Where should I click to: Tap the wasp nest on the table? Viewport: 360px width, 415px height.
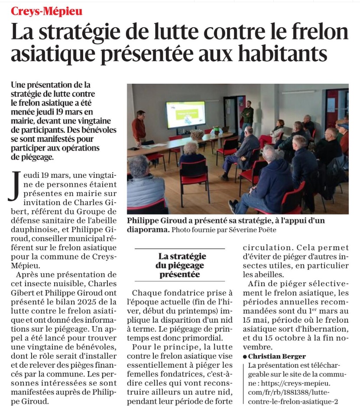(197, 134)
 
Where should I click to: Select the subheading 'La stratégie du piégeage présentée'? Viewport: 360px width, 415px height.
(179, 265)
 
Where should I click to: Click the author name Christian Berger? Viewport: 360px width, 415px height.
(277, 356)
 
